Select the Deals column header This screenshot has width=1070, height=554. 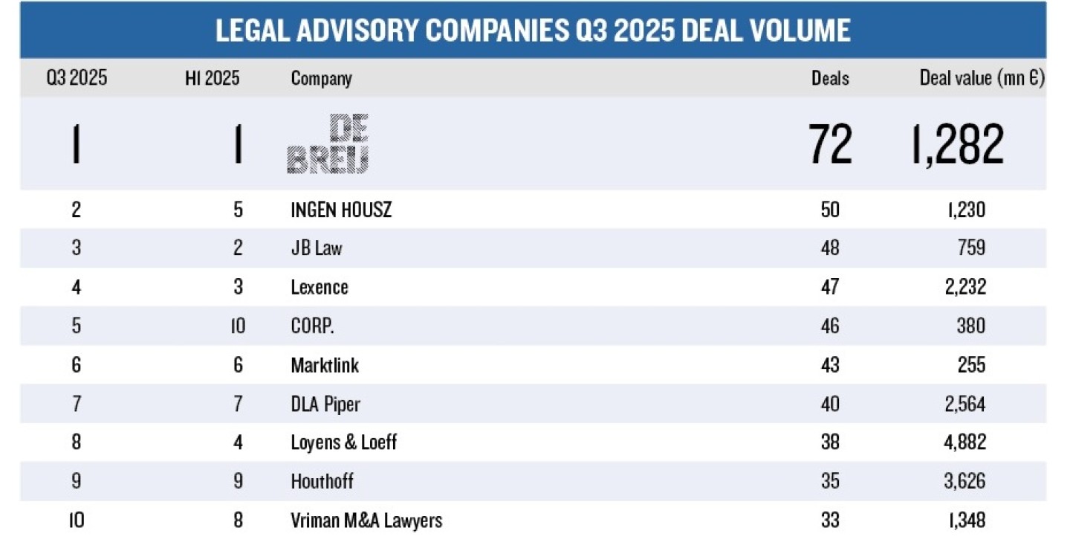830,78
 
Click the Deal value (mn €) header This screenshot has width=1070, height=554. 982,78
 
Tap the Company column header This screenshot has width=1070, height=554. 321,78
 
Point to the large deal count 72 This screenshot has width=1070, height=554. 831,144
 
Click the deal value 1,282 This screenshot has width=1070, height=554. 958,144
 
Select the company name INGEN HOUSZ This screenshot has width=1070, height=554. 341,210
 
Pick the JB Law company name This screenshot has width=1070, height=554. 317,248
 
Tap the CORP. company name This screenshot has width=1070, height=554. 312,326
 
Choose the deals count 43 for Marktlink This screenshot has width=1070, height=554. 830,365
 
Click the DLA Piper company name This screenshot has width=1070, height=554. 325,404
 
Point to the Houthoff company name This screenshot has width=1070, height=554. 322,481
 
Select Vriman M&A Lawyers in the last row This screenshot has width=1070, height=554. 366,520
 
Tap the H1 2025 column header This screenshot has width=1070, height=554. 213,78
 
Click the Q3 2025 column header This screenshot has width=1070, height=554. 77,78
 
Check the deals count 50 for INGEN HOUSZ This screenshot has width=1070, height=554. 830,210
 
